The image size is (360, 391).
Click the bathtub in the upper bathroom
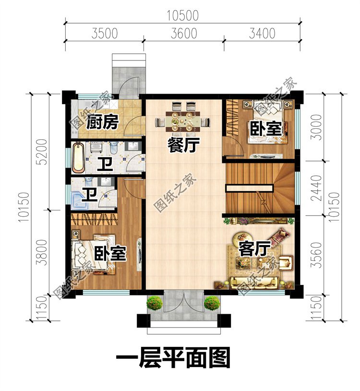79,157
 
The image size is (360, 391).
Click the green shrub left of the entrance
155,303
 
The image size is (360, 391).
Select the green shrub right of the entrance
212,303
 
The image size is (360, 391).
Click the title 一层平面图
173,358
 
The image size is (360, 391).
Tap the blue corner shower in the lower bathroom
79,198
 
